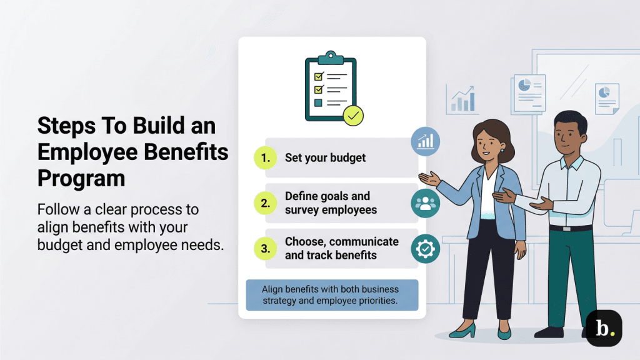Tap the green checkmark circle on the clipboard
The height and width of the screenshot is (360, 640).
(x=353, y=115)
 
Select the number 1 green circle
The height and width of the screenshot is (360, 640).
(x=266, y=158)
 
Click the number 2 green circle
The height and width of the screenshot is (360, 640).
(x=266, y=202)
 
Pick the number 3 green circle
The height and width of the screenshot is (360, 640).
(x=266, y=249)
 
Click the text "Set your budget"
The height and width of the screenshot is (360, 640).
(x=325, y=158)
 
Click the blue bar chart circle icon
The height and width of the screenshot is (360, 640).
(x=425, y=141)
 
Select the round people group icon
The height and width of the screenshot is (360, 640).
(x=425, y=203)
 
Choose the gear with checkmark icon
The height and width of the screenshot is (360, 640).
(x=425, y=249)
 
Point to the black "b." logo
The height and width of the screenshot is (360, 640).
(x=604, y=327)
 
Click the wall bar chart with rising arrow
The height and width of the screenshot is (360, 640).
(x=462, y=99)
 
